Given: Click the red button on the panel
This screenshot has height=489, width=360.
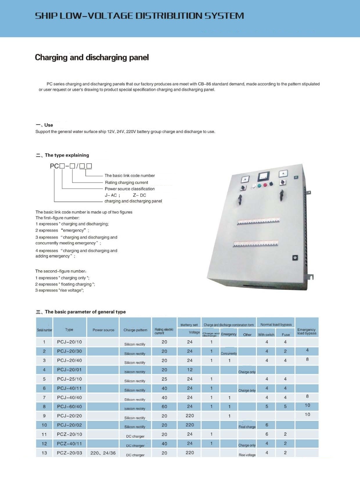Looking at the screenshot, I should pos(265,185).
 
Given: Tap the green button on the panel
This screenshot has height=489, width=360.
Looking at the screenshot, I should pos(260,186).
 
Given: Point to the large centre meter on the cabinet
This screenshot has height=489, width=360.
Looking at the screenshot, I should pos(264,176).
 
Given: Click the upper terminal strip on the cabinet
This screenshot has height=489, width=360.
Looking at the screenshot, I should pos(258,221).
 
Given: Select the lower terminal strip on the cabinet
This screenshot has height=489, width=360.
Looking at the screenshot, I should pos(255,244).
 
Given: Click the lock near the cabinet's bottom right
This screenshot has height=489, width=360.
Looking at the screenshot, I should pos(295,258).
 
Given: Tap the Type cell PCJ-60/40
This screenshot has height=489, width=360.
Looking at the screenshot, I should pos(69,407).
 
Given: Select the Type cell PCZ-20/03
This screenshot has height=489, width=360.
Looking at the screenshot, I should pos(69,453).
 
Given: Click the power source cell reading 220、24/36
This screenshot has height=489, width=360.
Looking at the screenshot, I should pos(103,453).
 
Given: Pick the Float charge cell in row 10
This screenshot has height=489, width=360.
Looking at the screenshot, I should pos(247,427).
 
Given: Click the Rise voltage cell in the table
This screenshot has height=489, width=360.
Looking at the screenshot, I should pos(247,455).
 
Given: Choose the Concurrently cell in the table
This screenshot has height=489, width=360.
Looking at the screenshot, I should pos(229,353).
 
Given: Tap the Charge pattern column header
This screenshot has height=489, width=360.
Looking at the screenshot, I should pos(135,330).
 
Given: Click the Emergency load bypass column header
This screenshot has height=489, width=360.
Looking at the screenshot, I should pos(307,331).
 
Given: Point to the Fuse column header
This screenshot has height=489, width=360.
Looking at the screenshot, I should pos(286,335).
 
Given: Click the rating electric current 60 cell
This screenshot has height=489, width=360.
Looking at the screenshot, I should pos(164,407).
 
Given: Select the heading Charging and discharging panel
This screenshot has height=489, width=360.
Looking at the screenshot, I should pos(92,57).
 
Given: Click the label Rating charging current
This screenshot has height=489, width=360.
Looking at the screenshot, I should pos(127,182).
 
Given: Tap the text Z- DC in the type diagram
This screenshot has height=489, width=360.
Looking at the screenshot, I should pos(139,195).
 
